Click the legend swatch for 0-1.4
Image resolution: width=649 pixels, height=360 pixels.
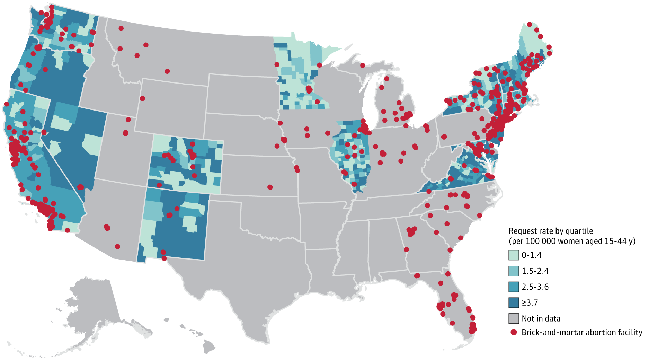[x=514, y=255]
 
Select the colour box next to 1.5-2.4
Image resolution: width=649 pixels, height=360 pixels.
[x=514, y=271]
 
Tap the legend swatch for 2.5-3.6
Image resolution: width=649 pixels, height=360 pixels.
[x=514, y=287]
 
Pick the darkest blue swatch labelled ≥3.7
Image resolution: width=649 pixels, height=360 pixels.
[x=514, y=302]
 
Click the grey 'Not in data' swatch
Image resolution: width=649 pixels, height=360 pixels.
[x=514, y=318]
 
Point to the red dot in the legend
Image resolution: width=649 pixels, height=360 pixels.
[x=514, y=332]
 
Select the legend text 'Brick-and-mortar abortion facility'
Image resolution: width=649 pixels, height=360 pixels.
[x=582, y=332]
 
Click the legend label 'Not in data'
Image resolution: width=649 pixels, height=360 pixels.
[x=541, y=318]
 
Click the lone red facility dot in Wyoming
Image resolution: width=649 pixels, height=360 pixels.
[x=142, y=98]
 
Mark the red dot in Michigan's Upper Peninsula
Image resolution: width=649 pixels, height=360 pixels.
[x=363, y=65]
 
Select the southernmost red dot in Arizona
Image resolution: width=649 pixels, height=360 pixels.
[x=117, y=247]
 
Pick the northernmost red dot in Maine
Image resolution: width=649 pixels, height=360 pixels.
[x=530, y=24]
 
